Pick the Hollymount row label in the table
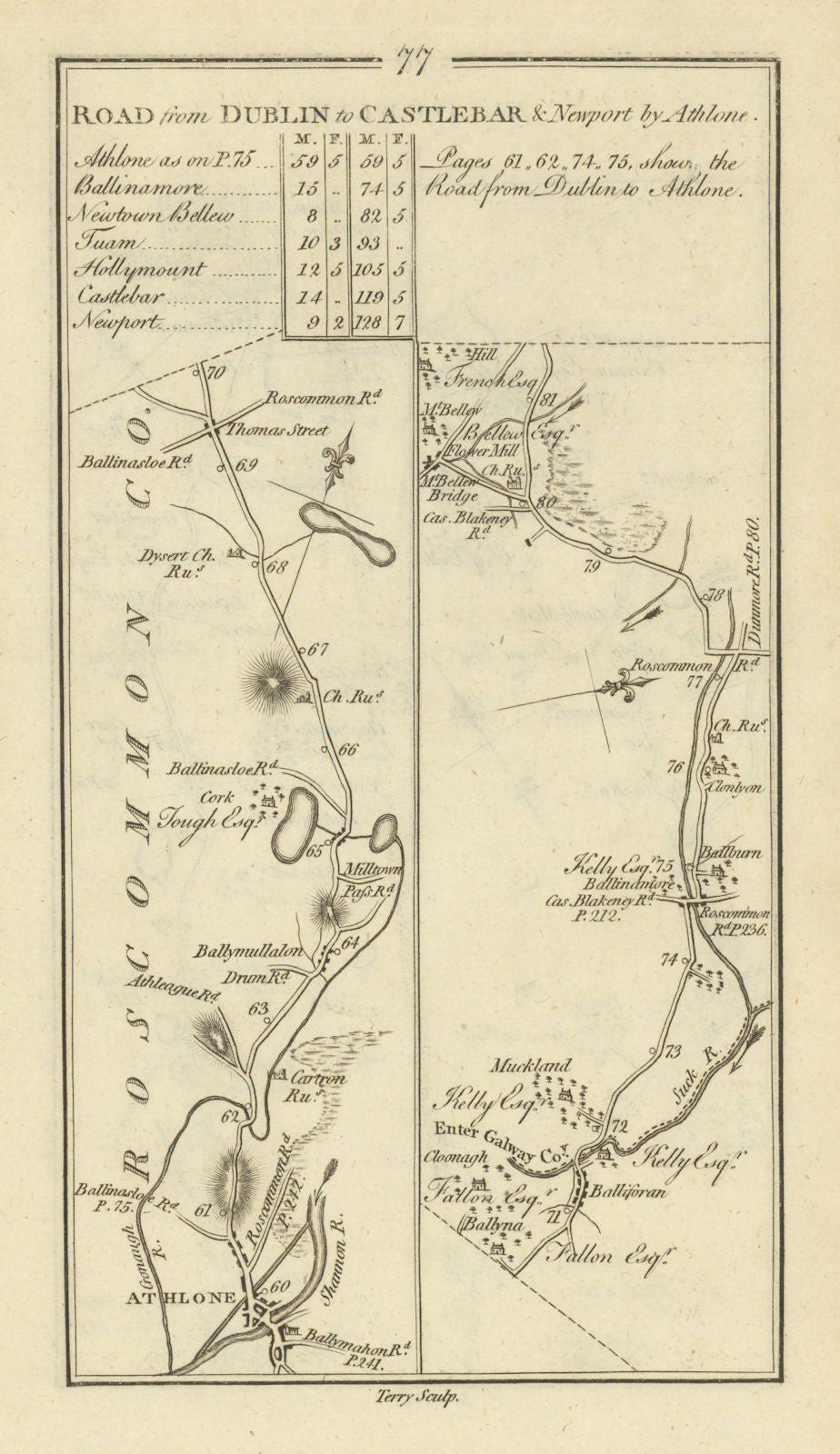point(142,270)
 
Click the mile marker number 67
point(316,649)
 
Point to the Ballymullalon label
point(245,953)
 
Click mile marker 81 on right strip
point(545,399)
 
